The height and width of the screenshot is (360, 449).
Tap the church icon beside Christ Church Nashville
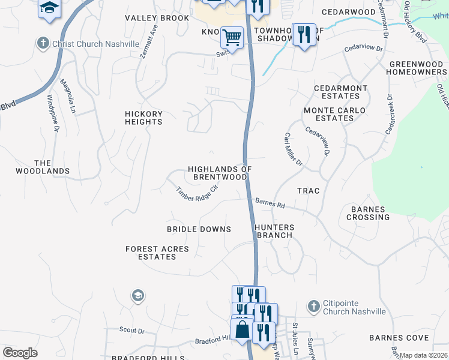click(42, 43)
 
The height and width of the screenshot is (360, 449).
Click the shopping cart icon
click(232, 38)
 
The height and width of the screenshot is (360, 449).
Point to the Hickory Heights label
click(143, 118)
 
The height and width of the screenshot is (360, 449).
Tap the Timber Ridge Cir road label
click(196, 194)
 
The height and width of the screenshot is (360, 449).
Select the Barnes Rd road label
click(270, 203)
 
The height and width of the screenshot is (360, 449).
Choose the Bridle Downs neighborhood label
click(199, 229)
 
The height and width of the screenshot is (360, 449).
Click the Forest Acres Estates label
click(157, 253)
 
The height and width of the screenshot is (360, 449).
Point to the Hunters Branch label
click(274, 231)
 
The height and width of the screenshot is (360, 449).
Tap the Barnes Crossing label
click(368, 213)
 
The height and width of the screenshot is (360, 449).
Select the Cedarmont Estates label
click(340, 92)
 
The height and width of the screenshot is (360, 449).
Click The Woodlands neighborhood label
click(52, 167)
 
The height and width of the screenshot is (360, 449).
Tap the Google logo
click(20, 353)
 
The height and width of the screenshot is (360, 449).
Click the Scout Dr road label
click(132, 330)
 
